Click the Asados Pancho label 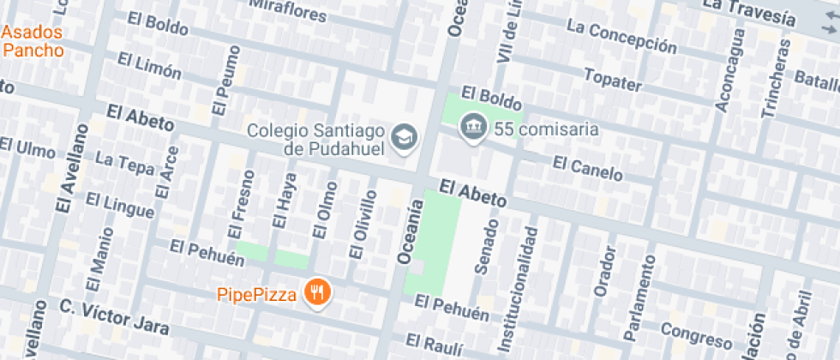33,41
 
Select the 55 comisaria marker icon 471,129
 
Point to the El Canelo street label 587,168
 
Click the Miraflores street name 288,11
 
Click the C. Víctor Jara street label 114,316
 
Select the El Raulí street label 435,345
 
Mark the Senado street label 486,248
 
